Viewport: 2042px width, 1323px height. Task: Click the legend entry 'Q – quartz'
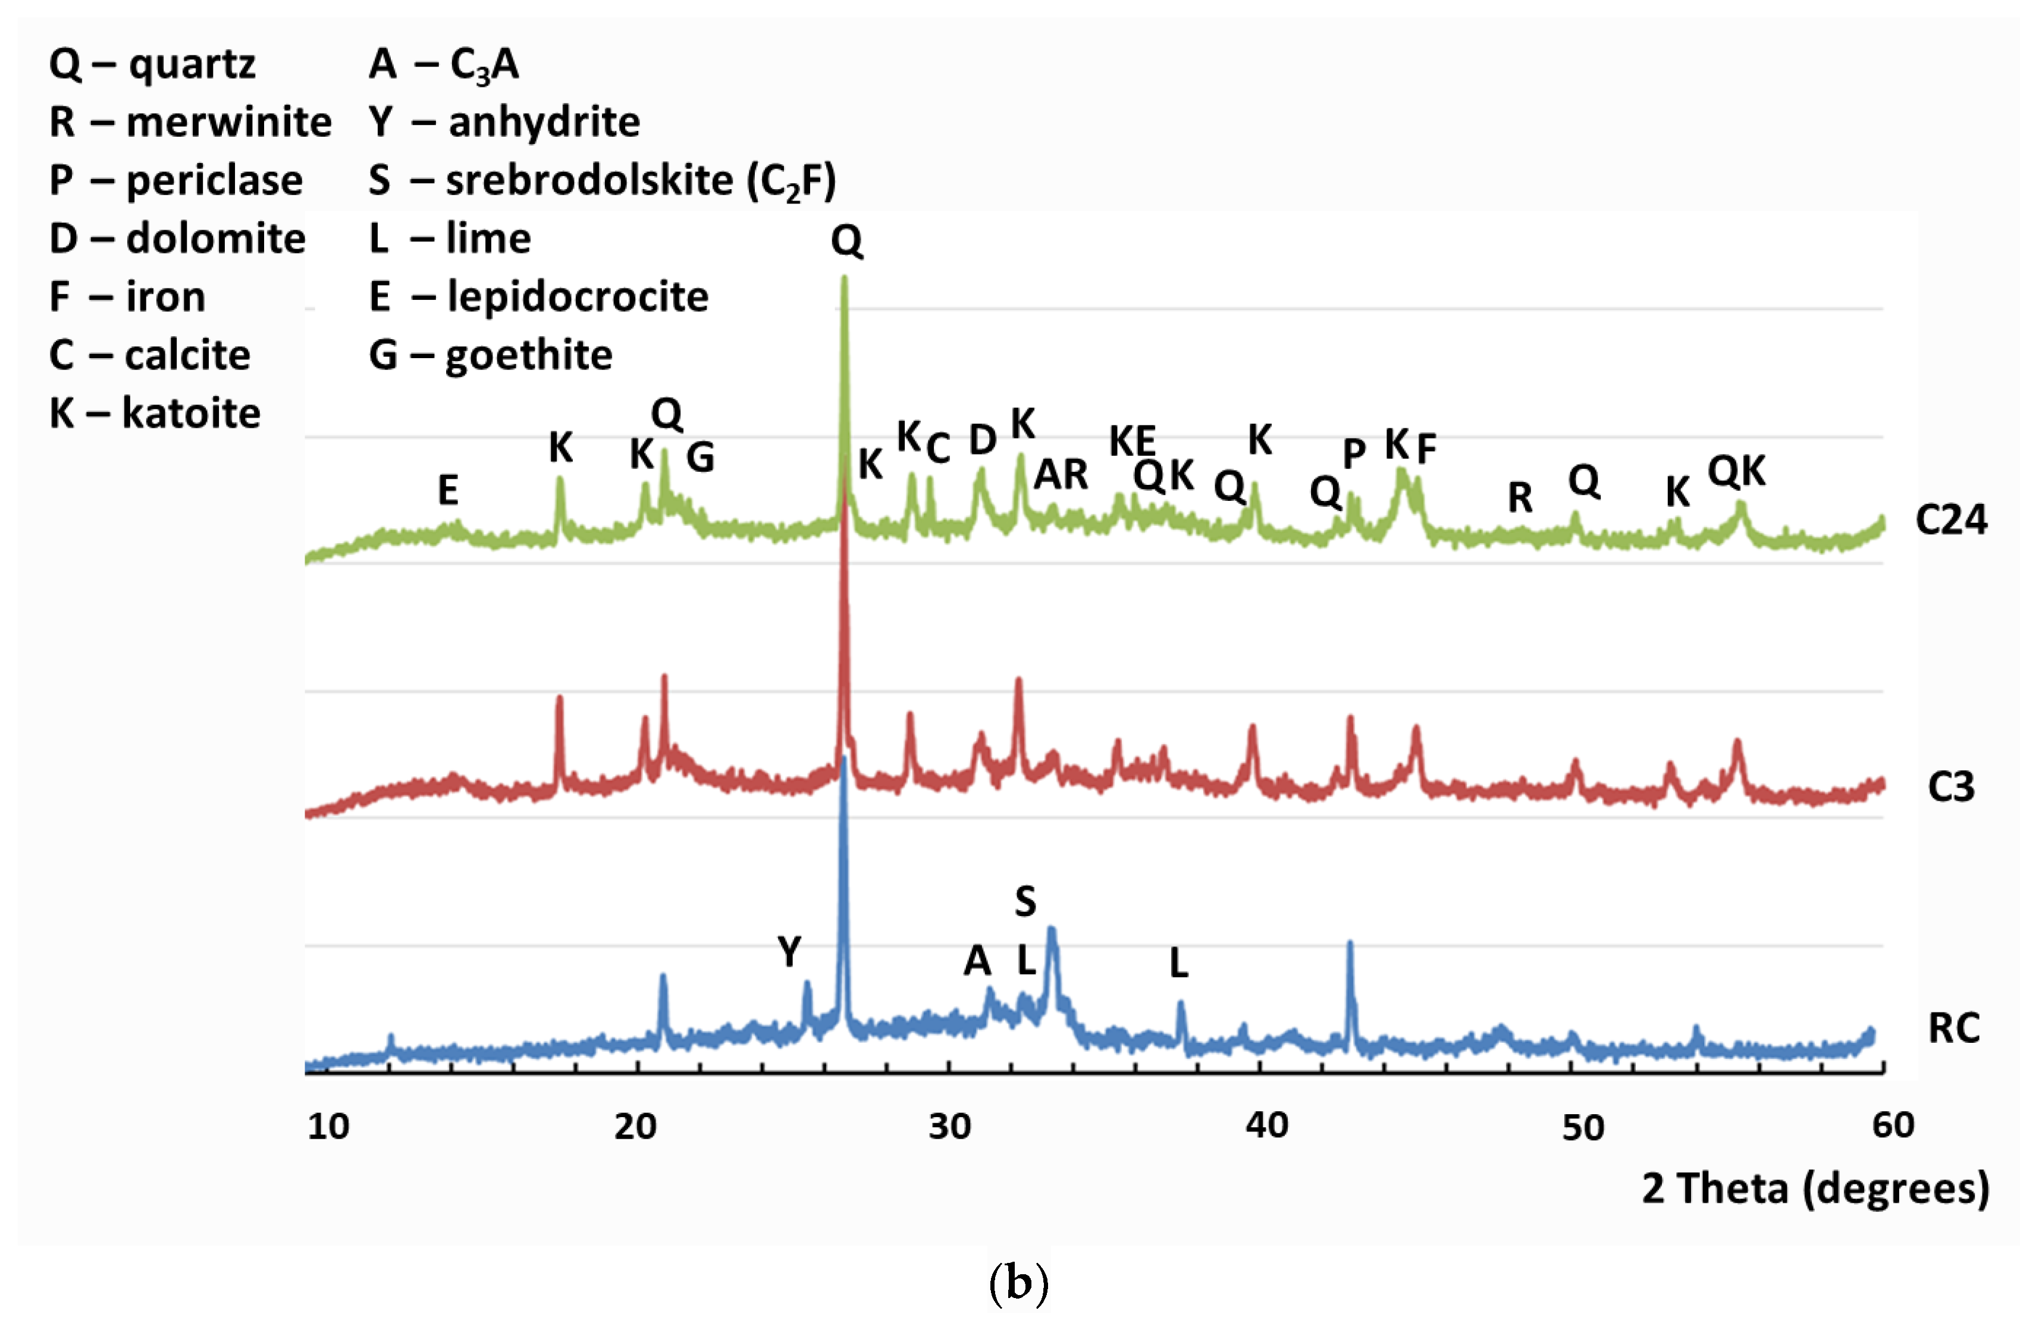152,64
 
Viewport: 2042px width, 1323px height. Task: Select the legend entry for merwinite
190,122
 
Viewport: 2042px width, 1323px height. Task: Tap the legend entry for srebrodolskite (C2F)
601,181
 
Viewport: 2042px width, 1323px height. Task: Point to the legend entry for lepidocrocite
538,297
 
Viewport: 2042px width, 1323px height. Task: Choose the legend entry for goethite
490,355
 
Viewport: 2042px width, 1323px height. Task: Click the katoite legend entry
155,413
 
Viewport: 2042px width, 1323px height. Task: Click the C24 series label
1950,520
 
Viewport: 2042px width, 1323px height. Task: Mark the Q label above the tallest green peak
846,240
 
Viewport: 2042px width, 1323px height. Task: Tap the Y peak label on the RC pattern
789,951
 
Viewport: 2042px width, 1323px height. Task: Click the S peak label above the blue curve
1025,901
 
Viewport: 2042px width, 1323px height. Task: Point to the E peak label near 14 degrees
448,490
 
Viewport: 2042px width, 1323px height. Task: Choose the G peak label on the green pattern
700,457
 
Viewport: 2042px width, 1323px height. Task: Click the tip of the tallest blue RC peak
843,758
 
